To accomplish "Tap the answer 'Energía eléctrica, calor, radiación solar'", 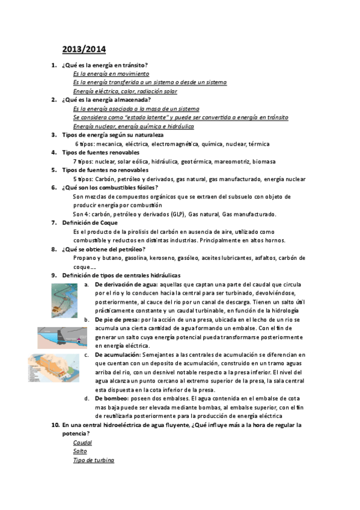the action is pyautogui.click(x=125, y=91).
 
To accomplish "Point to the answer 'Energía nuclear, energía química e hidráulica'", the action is pyautogui.click(x=133, y=126).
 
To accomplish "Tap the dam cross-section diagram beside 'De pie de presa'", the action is pyautogui.click(x=62, y=337).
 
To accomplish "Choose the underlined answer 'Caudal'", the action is pyautogui.click(x=82, y=442).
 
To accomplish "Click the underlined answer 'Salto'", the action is pyautogui.click(x=80, y=451).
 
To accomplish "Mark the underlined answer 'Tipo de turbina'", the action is pyautogui.click(x=93, y=460).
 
